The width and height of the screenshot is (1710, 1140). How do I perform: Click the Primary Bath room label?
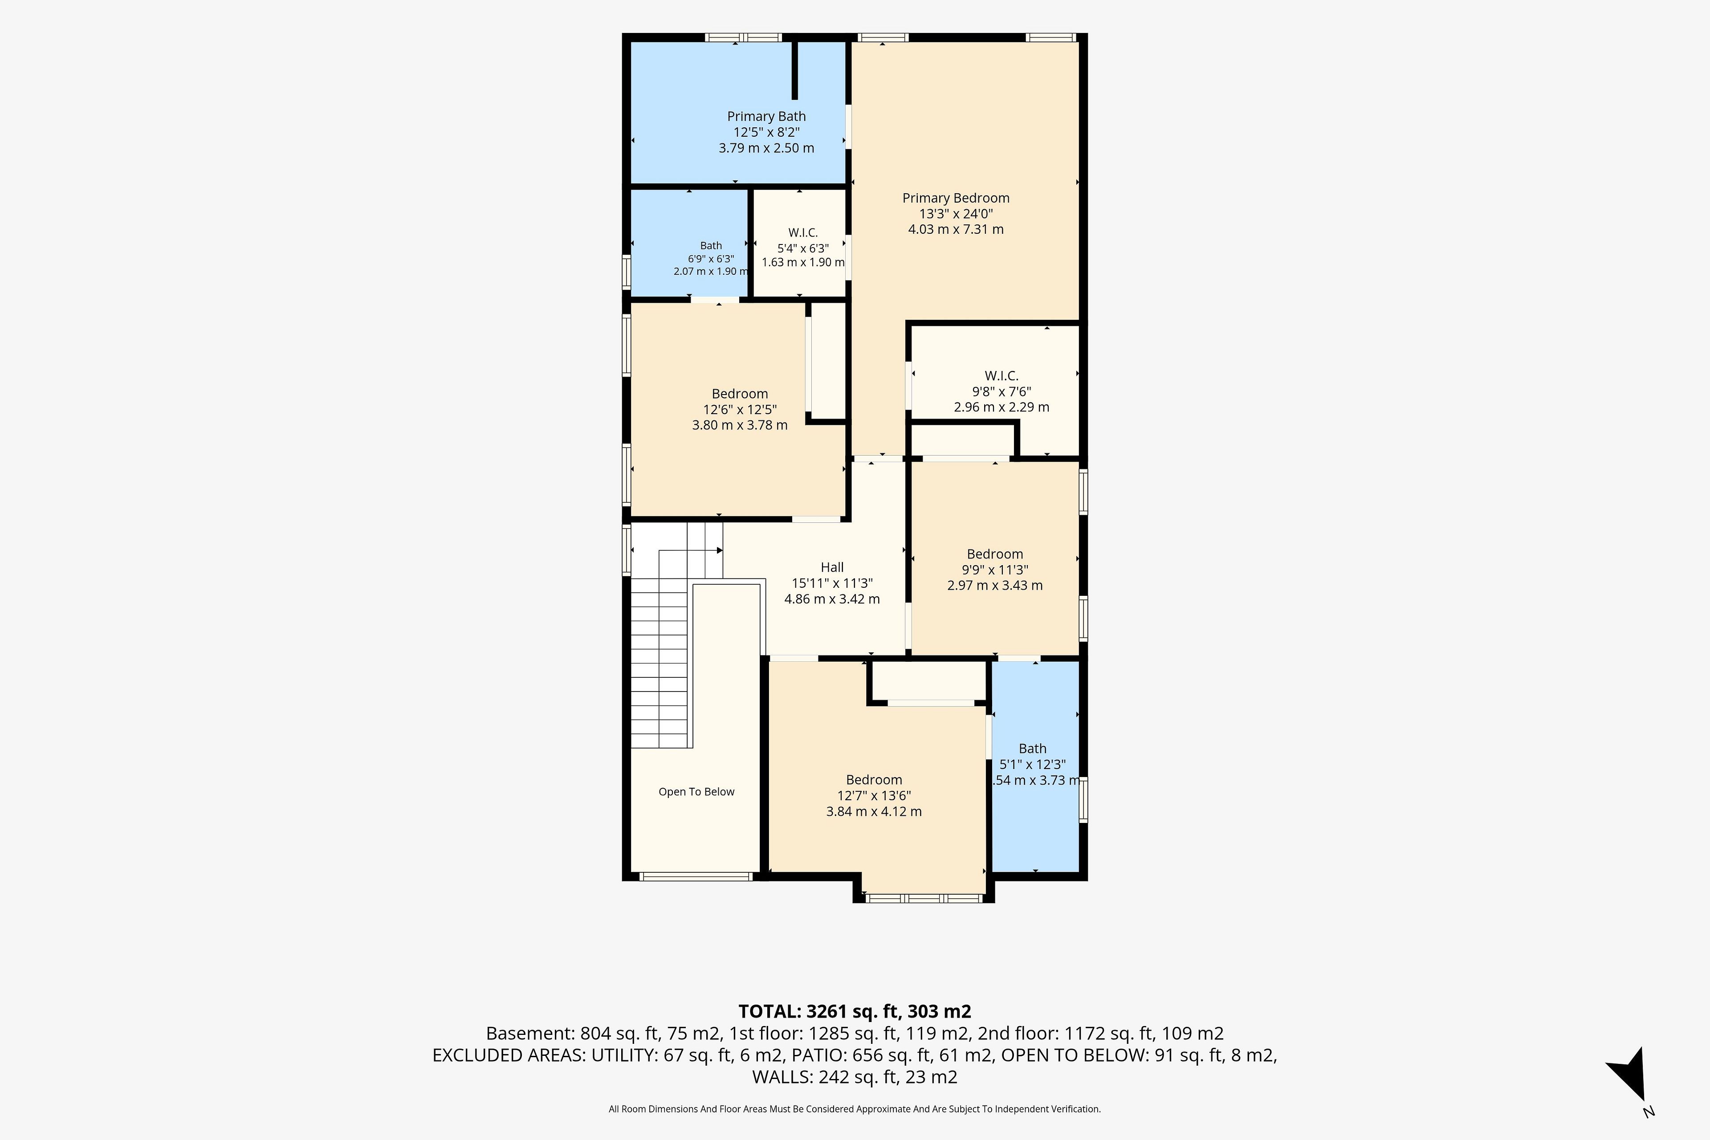click(x=766, y=116)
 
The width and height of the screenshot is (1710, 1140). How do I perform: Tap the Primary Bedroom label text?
click(x=955, y=198)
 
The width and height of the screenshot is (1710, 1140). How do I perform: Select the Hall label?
click(x=832, y=567)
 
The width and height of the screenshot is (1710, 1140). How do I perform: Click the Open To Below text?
click(x=696, y=792)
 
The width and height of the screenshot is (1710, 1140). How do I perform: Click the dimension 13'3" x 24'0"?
click(x=955, y=214)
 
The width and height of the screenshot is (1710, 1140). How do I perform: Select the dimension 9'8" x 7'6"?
click(x=1001, y=391)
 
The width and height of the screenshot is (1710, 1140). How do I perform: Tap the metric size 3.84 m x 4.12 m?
click(x=874, y=811)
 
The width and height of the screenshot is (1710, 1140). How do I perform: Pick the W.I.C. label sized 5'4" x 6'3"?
click(x=802, y=232)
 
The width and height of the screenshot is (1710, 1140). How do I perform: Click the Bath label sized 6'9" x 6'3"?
click(x=711, y=246)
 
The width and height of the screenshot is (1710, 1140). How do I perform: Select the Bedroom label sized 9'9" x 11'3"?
click(x=994, y=554)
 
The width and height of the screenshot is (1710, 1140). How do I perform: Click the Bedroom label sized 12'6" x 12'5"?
click(x=739, y=394)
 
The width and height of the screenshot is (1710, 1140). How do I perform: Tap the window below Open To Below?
click(x=696, y=877)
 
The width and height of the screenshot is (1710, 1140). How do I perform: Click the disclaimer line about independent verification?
click(x=855, y=1109)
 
